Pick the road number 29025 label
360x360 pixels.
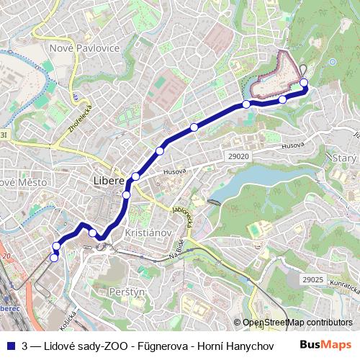312,278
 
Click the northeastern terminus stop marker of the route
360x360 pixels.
304,82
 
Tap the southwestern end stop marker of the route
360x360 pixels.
54,257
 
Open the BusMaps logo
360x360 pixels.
326,344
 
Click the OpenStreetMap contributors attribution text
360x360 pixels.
297,323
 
